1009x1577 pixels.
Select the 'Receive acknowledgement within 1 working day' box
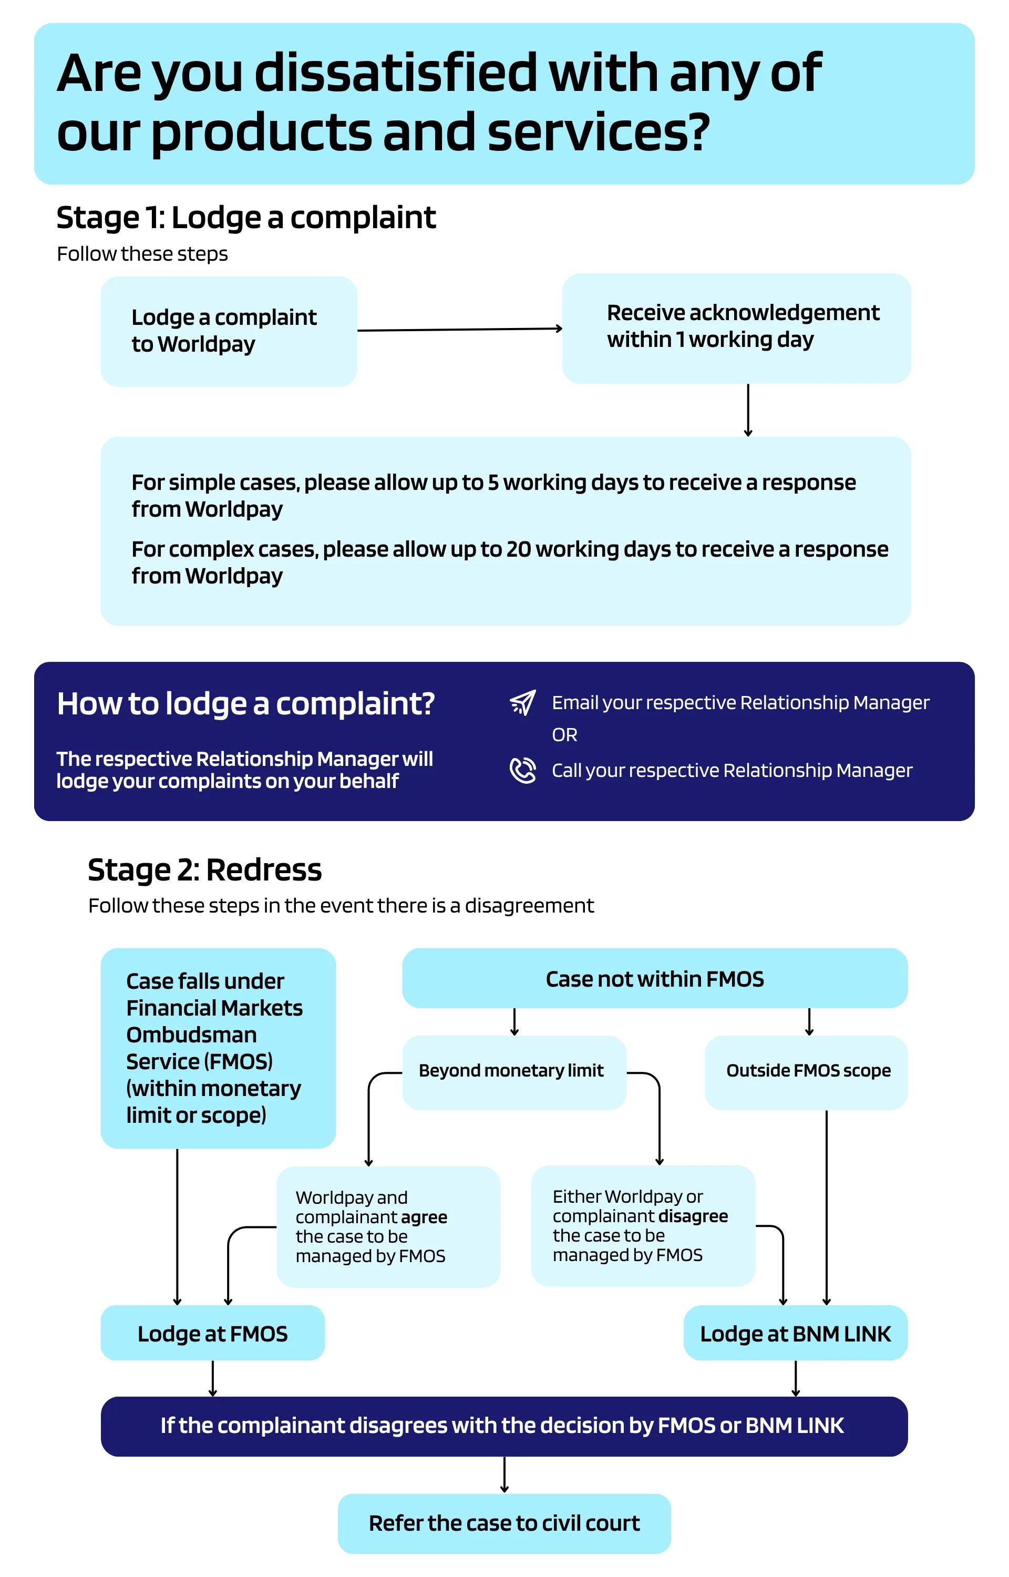[x=736, y=327]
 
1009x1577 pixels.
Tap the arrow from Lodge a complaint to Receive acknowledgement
[x=460, y=329]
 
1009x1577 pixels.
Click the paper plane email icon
[x=523, y=702]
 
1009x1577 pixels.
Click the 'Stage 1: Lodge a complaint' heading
[x=246, y=218]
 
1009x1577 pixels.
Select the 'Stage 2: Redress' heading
[x=204, y=870]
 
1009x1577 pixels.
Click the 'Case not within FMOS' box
[x=655, y=978]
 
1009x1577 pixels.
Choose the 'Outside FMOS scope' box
[x=806, y=1072]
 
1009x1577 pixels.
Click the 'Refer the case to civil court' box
[x=504, y=1523]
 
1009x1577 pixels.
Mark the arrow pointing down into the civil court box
[x=504, y=1475]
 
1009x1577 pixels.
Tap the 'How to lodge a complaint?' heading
[x=246, y=704]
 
